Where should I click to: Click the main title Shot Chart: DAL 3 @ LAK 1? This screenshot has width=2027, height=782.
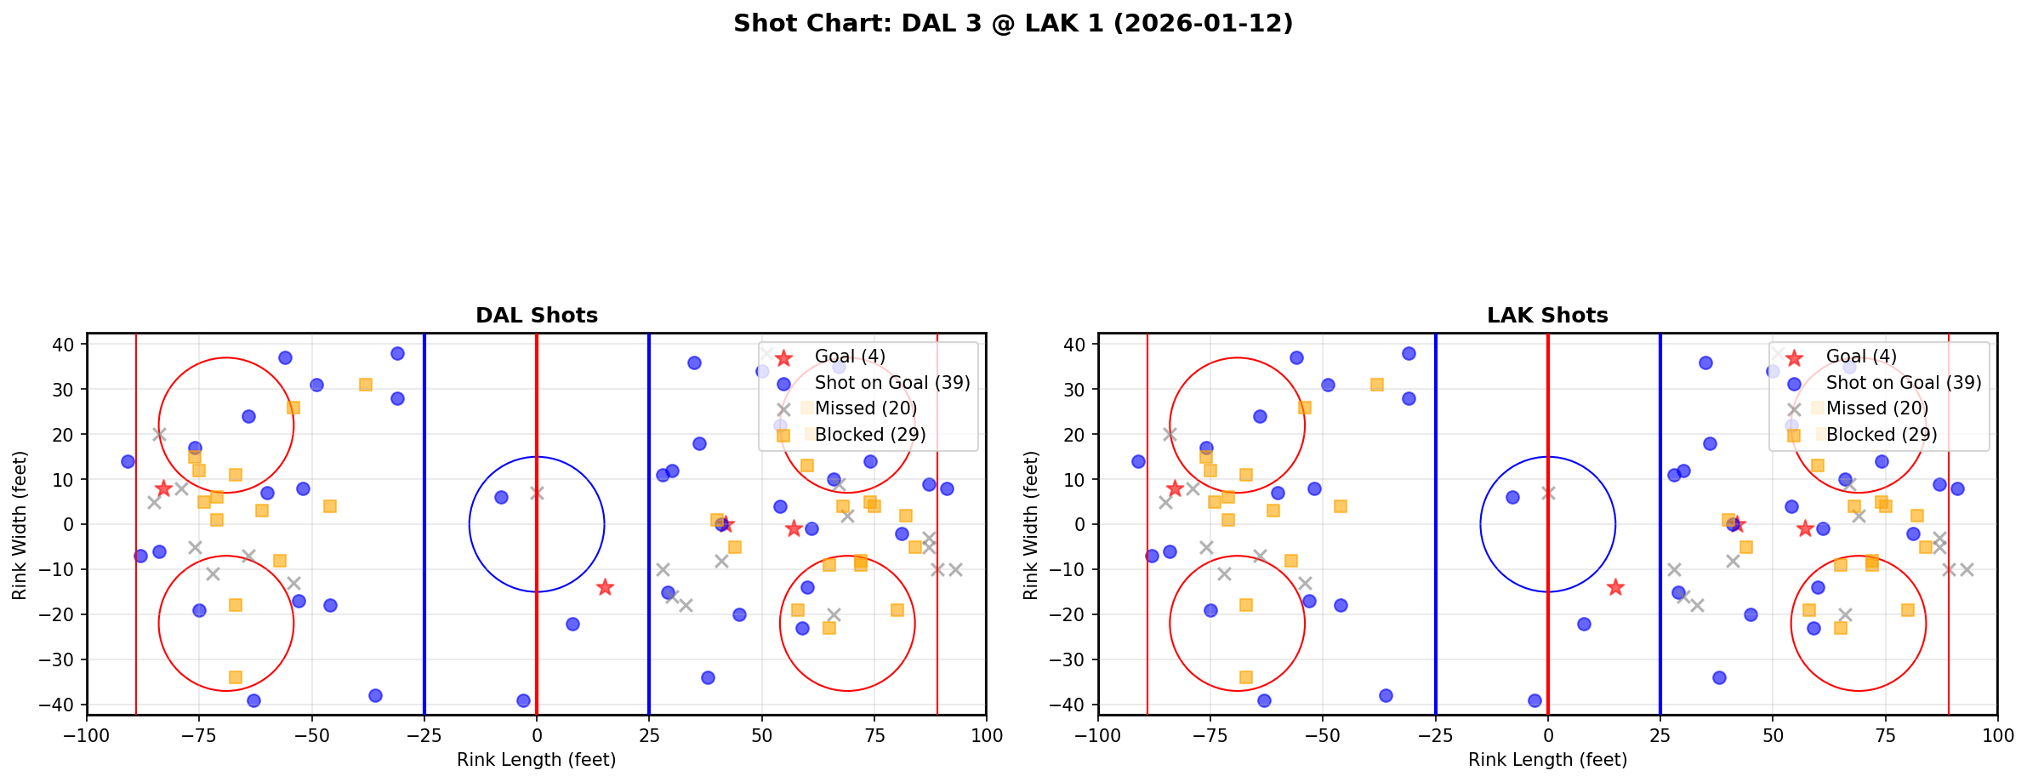click(1012, 24)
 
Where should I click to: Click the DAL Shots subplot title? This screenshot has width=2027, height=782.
click(537, 316)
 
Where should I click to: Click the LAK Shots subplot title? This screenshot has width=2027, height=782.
click(1547, 316)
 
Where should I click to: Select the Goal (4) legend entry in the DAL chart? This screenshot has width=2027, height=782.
click(850, 357)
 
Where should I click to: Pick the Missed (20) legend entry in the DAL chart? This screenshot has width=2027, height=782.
click(865, 408)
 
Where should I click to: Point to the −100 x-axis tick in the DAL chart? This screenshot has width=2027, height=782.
click(87, 735)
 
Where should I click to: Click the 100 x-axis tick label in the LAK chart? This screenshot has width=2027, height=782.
click(1997, 735)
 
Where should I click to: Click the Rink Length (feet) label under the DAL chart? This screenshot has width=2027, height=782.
click(537, 760)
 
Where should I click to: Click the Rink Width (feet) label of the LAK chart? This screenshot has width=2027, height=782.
click(1031, 524)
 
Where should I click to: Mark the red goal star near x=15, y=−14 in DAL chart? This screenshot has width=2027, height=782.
click(605, 587)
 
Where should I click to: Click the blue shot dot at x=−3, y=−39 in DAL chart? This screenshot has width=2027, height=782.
click(523, 700)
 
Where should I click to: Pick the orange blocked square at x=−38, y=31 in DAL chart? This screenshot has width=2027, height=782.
click(366, 385)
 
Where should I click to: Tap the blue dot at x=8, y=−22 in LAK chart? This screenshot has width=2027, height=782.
click(1584, 624)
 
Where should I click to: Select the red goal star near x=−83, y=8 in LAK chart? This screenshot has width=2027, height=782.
click(1175, 488)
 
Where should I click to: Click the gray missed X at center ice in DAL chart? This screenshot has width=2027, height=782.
click(537, 493)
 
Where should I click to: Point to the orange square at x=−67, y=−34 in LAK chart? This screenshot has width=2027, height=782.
click(1246, 677)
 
